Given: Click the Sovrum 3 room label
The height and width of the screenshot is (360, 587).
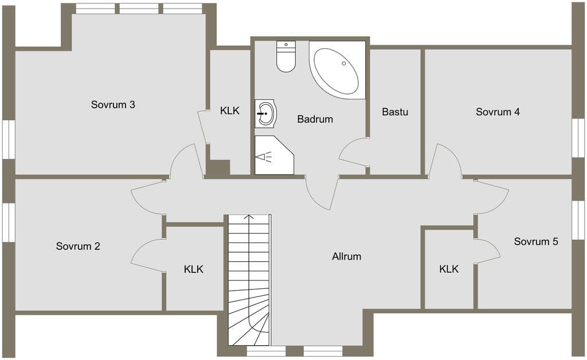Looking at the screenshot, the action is click(113, 104).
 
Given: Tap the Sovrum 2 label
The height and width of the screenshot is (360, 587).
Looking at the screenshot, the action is click(78, 246).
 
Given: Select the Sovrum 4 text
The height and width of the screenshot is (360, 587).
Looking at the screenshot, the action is click(498, 112).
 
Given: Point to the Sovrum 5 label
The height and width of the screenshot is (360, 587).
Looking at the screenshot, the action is click(536, 241).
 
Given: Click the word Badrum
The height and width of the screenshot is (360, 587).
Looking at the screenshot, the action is click(315, 119).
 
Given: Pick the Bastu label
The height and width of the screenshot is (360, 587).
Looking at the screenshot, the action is click(395, 112).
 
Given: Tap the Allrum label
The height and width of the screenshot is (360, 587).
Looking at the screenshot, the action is click(346, 256).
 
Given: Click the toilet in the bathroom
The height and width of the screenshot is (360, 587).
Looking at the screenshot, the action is click(286, 56).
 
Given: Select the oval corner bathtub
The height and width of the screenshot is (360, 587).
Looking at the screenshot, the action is click(336, 71).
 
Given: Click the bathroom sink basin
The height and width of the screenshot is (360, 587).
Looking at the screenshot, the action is click(266, 114).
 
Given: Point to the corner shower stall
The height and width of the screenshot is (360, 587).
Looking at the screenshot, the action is click(274, 155).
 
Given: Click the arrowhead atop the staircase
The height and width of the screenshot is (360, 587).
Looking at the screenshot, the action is click(249, 217).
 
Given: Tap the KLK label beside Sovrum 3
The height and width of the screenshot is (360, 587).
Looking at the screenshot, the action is click(229, 111).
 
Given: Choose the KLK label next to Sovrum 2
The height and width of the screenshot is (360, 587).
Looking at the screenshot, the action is click(194, 269).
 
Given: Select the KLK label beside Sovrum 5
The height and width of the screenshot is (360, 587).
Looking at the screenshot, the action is click(449, 269).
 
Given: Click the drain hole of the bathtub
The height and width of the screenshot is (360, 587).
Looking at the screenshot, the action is click(344, 63).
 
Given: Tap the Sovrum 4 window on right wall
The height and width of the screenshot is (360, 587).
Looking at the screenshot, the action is click(579, 138).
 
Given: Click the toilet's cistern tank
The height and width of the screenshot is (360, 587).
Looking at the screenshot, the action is click(286, 46).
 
